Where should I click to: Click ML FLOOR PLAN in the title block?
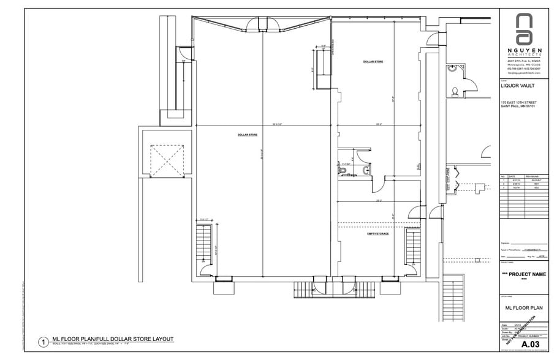point(524,309)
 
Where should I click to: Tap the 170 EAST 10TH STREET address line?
point(518,102)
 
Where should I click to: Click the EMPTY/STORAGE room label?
point(378,233)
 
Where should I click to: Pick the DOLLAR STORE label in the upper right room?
point(373,62)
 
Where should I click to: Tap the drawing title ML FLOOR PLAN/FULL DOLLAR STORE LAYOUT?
point(113,339)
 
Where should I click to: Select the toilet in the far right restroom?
point(455,92)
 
